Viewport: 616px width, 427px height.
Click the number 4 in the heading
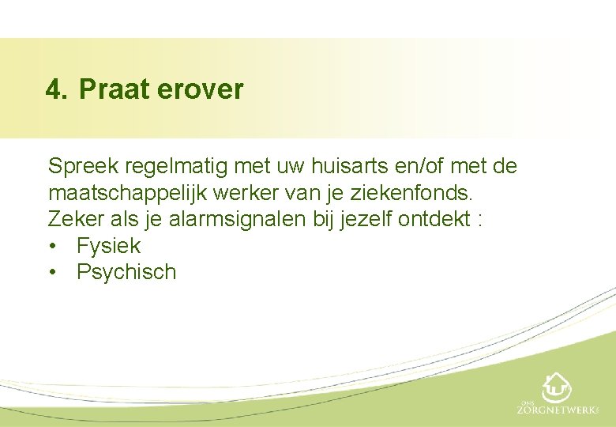[x=53, y=89]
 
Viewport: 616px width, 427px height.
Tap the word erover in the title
[x=201, y=89]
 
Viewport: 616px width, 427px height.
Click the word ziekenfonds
[x=449, y=193]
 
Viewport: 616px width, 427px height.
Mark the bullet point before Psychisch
[x=52, y=273]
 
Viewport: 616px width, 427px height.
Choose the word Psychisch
[x=126, y=273]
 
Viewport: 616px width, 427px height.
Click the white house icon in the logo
[x=557, y=387]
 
